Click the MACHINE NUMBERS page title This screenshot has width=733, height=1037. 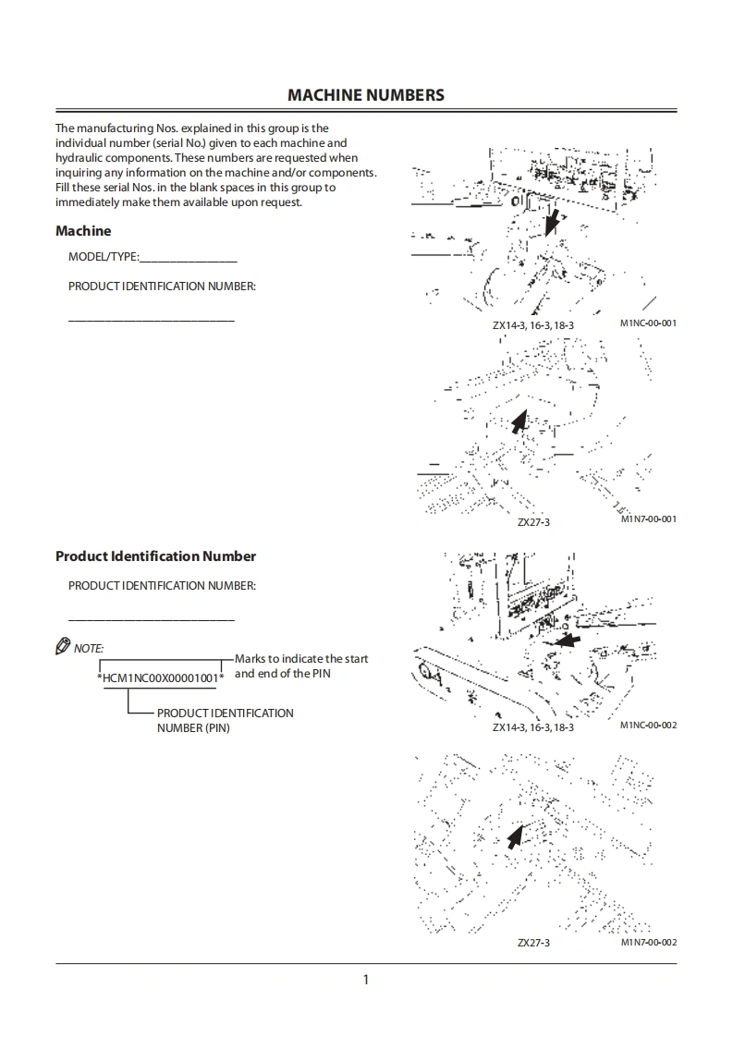click(x=366, y=95)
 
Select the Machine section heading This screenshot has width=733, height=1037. click(x=83, y=231)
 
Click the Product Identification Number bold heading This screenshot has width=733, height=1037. click(x=155, y=556)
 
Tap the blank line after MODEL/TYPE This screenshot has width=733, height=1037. click(x=189, y=258)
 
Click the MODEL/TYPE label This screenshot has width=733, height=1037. click(x=103, y=257)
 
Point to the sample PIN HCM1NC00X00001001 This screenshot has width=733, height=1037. click(x=161, y=678)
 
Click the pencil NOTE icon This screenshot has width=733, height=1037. click(x=63, y=647)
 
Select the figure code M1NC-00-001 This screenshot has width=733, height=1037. click(x=649, y=323)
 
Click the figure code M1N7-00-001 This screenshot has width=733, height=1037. click(x=649, y=519)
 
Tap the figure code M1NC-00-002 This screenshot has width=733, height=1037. click(x=649, y=726)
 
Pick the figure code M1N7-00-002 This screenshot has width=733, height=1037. click(x=649, y=942)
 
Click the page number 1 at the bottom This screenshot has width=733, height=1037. click(x=366, y=980)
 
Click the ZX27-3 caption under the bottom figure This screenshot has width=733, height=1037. click(x=533, y=943)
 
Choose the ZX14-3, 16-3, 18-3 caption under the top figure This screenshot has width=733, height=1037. click(x=533, y=325)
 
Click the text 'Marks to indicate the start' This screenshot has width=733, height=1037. click(x=301, y=659)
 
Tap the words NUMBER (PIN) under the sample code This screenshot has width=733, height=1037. click(x=193, y=728)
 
